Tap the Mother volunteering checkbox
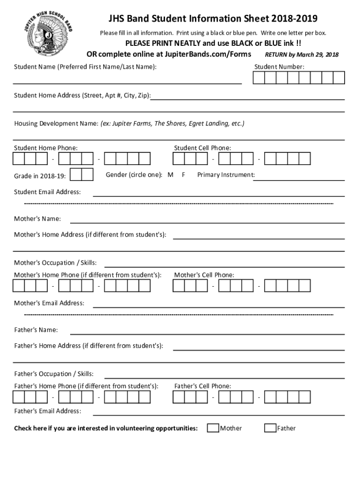click(x=213, y=428)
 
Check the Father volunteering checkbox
click(x=270, y=428)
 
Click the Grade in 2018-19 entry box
click(x=81, y=174)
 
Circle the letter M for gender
click(x=171, y=175)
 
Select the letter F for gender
click(x=184, y=175)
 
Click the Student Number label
click(x=279, y=67)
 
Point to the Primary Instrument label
click(x=226, y=175)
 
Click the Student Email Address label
click(x=47, y=192)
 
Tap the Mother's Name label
click(x=37, y=218)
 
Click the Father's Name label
click(x=36, y=330)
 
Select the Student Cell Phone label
click(x=202, y=148)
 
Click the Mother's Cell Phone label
click(x=204, y=275)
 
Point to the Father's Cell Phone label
click(x=202, y=386)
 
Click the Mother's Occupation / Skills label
click(x=55, y=262)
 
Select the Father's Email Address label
click(x=47, y=411)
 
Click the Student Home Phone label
click(x=46, y=148)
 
